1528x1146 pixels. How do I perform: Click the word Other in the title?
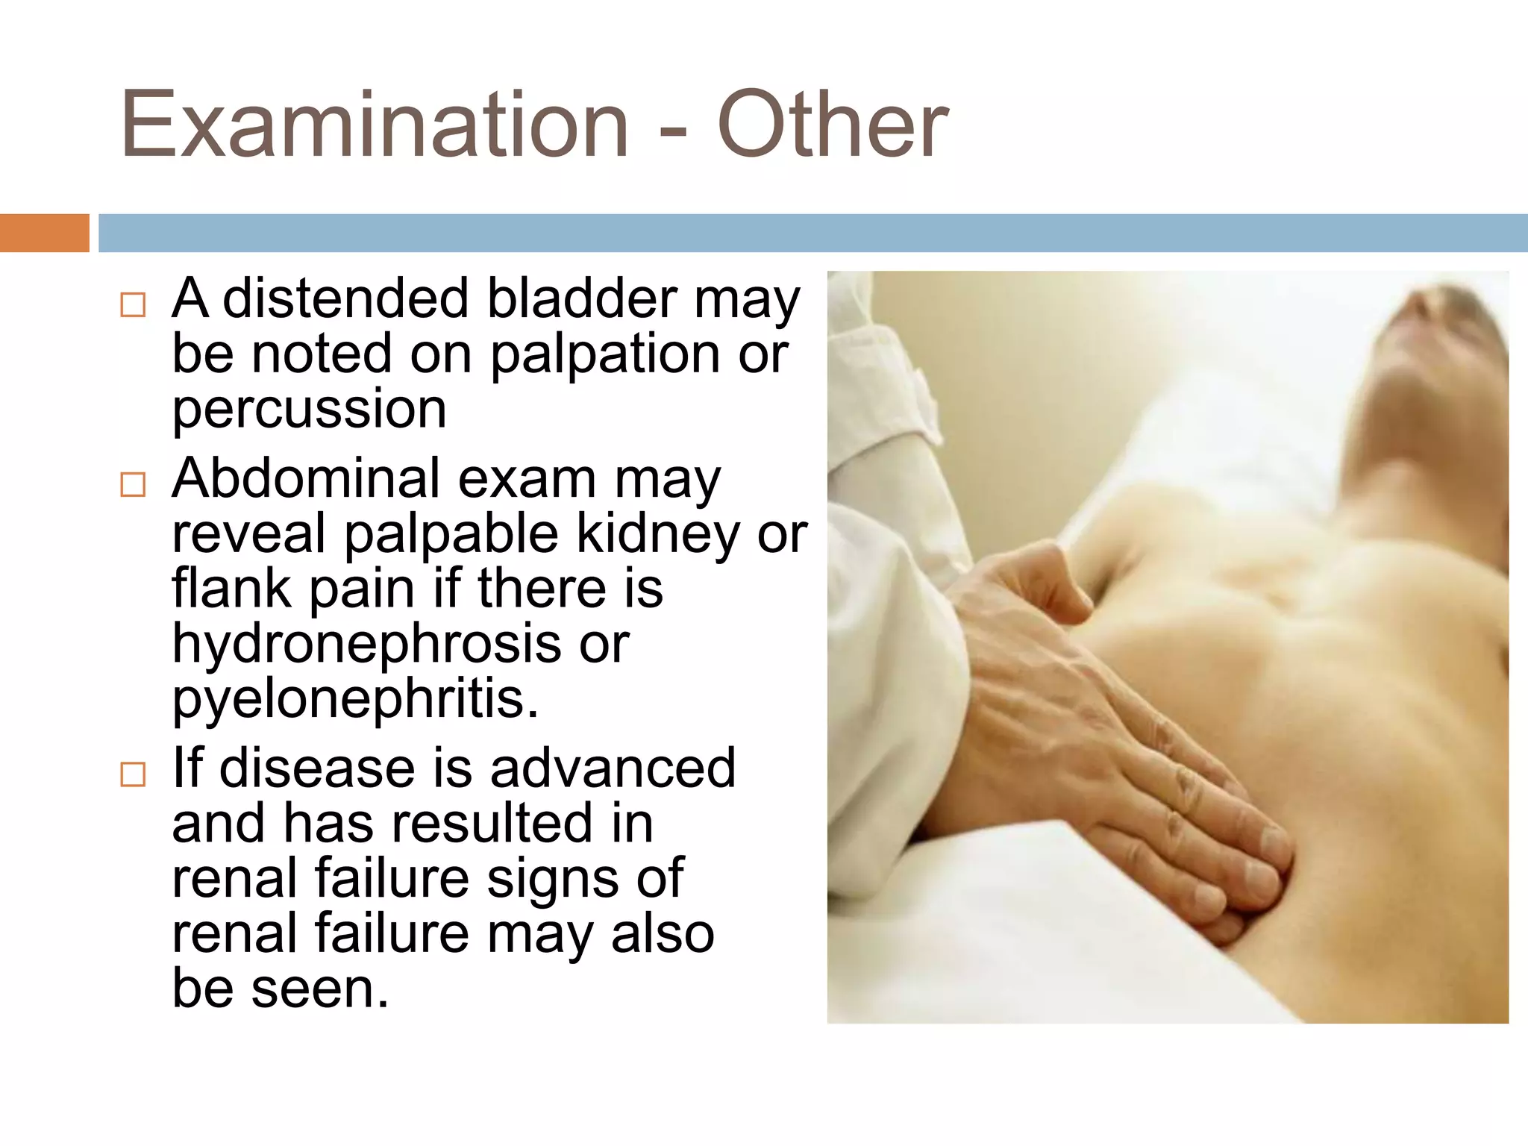(x=832, y=125)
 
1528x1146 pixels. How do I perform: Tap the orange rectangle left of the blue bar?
(x=44, y=233)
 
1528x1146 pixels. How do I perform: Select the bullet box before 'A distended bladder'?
(x=133, y=305)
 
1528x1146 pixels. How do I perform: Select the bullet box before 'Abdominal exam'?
(x=133, y=485)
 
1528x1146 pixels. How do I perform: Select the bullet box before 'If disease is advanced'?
(x=133, y=774)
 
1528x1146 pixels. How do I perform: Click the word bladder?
(x=581, y=298)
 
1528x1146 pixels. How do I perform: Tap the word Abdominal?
(x=306, y=478)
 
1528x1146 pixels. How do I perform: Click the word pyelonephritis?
(x=354, y=700)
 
